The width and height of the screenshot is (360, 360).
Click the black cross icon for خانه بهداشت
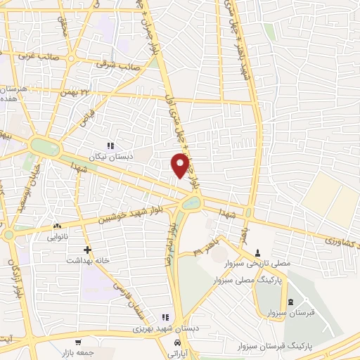click(x=87, y=250)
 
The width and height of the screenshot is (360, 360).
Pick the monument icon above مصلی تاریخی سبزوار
click(x=257, y=252)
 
